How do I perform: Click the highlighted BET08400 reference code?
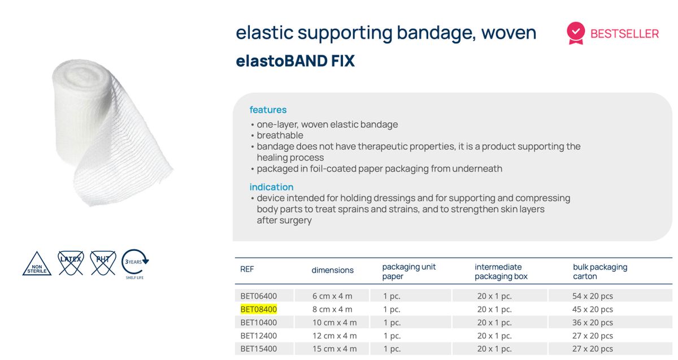[258, 309]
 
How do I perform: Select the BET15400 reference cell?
[258, 349]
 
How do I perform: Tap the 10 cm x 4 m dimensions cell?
[334, 323]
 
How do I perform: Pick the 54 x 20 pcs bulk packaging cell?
[592, 296]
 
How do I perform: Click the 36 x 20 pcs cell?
[592, 323]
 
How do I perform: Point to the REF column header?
[247, 270]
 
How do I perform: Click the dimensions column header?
[332, 270]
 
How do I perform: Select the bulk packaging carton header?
[600, 272]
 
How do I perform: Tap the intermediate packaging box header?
[501, 272]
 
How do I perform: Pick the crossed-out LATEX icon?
[71, 262]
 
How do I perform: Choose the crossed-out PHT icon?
[103, 262]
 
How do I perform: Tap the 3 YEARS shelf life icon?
[134, 263]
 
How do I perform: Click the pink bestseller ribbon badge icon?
[576, 33]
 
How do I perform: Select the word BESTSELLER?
[624, 34]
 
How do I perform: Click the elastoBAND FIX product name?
[295, 61]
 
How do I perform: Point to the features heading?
[268, 110]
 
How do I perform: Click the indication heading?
[271, 187]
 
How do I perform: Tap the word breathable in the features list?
[280, 136]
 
